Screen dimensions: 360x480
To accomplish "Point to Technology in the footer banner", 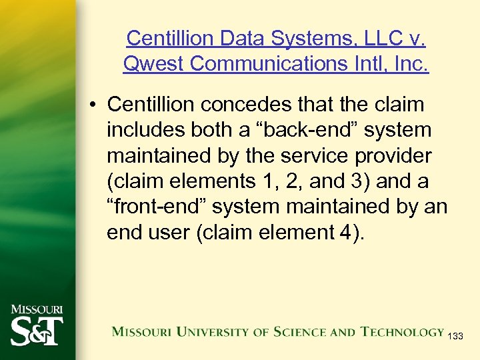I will tap(402, 331).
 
